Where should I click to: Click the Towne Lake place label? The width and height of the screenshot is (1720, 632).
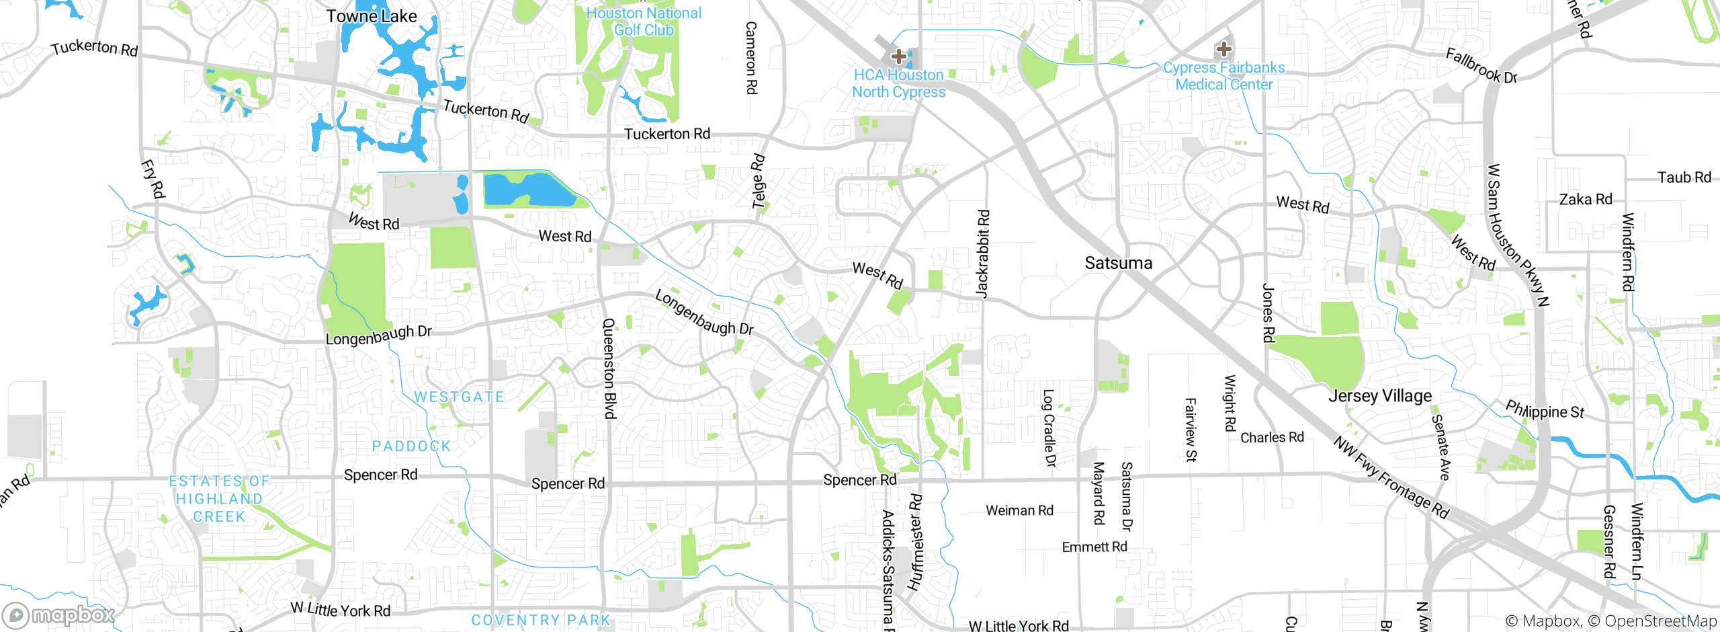tap(371, 16)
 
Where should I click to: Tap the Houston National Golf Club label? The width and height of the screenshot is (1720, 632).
tap(644, 22)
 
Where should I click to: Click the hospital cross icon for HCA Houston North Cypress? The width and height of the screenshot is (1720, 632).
tap(898, 56)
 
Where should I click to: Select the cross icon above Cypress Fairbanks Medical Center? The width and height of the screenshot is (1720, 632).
tap(1223, 49)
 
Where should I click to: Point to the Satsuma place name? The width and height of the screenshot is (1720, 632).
tap(1118, 263)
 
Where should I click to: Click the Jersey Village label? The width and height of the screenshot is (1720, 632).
tap(1379, 396)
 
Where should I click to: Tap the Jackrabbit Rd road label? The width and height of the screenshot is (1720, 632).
tap(982, 253)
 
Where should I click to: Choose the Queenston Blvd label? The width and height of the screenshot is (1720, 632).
tap(609, 368)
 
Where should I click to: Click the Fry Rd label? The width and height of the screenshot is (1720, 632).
tap(153, 179)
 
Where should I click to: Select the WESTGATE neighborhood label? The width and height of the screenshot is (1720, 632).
tap(459, 397)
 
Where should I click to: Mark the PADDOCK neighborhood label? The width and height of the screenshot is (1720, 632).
tap(411, 446)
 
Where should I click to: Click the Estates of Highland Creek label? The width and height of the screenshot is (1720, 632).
tap(219, 499)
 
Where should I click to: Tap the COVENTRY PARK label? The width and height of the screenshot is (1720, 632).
tap(541, 620)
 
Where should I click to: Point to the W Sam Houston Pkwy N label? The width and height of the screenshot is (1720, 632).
tap(1517, 235)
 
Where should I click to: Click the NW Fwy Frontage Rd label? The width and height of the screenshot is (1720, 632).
tap(1391, 478)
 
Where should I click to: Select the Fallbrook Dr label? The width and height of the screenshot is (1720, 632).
tap(1481, 65)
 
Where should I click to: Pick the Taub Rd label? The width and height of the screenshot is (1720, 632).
tap(1684, 177)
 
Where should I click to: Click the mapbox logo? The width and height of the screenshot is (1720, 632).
tap(59, 615)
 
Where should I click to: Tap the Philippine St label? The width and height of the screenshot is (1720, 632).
tap(1545, 409)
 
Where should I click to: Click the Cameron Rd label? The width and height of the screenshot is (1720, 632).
tap(751, 58)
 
